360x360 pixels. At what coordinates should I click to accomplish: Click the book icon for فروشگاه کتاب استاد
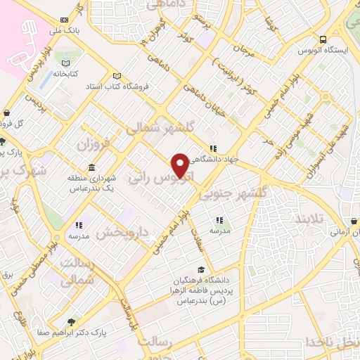117,76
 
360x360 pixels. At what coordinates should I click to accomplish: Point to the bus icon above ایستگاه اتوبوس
321,39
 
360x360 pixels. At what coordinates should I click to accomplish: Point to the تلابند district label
326,219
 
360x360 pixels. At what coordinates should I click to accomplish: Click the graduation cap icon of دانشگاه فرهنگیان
202,269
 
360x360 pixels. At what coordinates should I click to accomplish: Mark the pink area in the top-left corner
18,35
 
